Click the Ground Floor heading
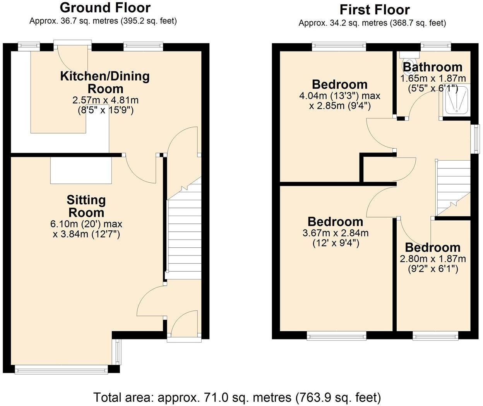click(x=105, y=7)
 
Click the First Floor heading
click(x=375, y=9)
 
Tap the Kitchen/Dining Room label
click(x=105, y=82)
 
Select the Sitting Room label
click(x=86, y=206)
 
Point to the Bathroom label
click(x=433, y=67)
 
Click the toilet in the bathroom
click(x=408, y=62)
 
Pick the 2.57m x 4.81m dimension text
click(x=105, y=100)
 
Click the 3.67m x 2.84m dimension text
click(x=336, y=233)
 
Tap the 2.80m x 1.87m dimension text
click(x=433, y=259)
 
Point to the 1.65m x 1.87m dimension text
click(x=433, y=79)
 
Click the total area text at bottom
click(x=237, y=397)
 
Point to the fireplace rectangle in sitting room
click(x=81, y=170)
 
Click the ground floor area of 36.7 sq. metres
click(x=103, y=21)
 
